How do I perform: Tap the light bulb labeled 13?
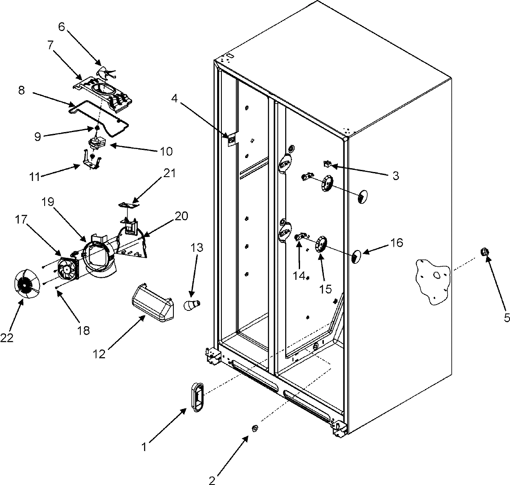pyautogui.click(x=192, y=305)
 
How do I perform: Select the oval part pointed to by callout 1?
pyautogui.click(x=196, y=396)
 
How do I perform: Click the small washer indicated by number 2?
pyautogui.click(x=254, y=429)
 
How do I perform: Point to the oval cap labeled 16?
pyautogui.click(x=356, y=257)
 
